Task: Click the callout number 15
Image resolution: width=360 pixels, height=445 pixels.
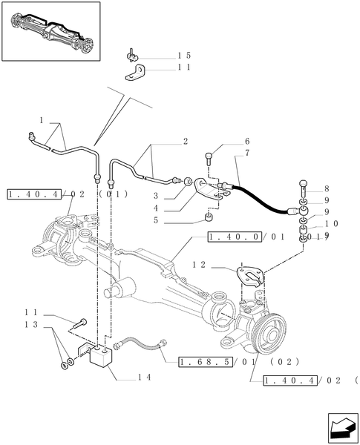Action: coord(184,56)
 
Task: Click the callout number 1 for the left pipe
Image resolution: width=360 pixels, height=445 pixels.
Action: coord(42,119)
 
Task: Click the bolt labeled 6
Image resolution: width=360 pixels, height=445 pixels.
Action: coord(211,156)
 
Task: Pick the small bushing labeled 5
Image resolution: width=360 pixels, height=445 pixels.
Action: coord(209,218)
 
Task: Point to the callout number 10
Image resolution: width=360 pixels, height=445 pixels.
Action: coord(331,223)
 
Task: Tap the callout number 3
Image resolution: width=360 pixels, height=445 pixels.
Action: coord(157,195)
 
